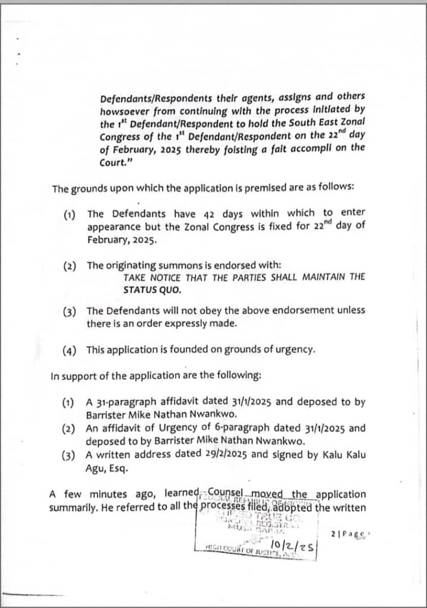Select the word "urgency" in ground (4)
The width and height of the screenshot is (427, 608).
click(x=292, y=350)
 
